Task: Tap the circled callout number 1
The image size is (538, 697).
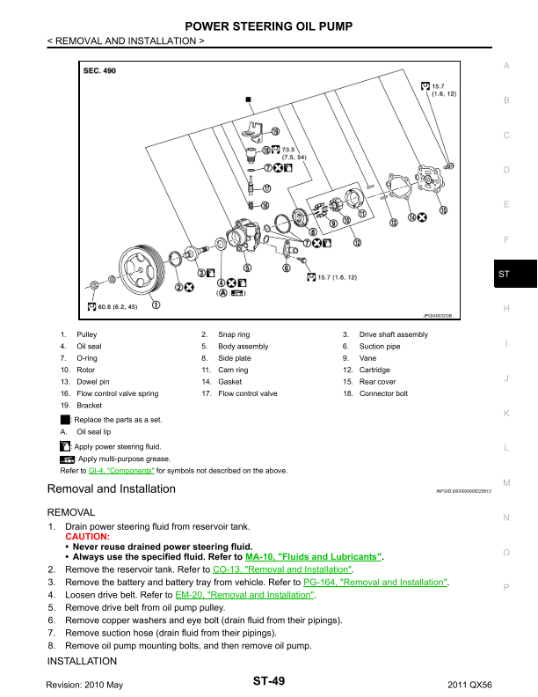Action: click(156, 306)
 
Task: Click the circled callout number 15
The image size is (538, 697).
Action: click(443, 210)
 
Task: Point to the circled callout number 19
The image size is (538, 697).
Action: click(275, 131)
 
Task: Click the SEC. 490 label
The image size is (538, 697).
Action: click(98, 70)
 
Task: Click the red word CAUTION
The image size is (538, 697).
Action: click(88, 536)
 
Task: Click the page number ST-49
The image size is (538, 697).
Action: click(268, 681)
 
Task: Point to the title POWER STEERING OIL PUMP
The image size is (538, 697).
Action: click(269, 26)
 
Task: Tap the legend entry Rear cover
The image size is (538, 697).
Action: click(377, 382)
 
